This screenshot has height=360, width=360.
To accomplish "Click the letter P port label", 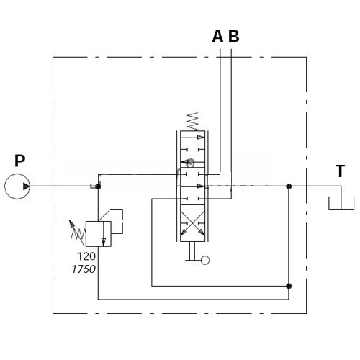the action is point(19,161).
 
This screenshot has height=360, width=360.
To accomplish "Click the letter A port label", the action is point(217,36).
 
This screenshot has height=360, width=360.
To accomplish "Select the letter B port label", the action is point(233,36).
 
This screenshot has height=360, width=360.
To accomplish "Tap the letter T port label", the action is point(340,171).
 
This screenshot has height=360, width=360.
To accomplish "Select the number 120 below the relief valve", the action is point(86,256).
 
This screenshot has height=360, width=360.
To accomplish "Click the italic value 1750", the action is point(84,269).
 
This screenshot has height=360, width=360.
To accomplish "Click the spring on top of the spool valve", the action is point(193,121).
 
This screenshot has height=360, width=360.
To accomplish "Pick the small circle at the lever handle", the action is point(205,260).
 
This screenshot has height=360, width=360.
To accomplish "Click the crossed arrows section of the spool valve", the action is point(192,223).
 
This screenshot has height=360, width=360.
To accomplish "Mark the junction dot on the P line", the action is point(98,186).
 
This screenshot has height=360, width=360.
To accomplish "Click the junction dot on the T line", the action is point(289,186).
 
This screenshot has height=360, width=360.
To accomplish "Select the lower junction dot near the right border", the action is point(289,286).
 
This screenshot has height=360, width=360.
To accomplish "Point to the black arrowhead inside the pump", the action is point(26,186).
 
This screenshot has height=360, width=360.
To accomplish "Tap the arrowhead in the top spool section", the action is point(201,137).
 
